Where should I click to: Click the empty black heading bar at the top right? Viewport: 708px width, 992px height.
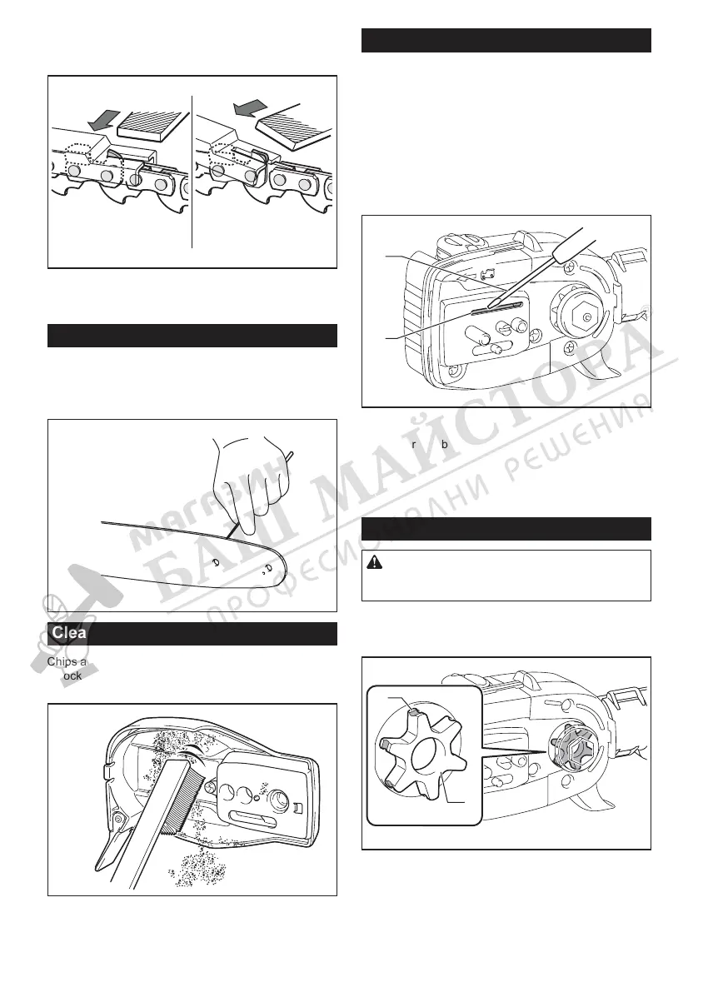506,40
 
